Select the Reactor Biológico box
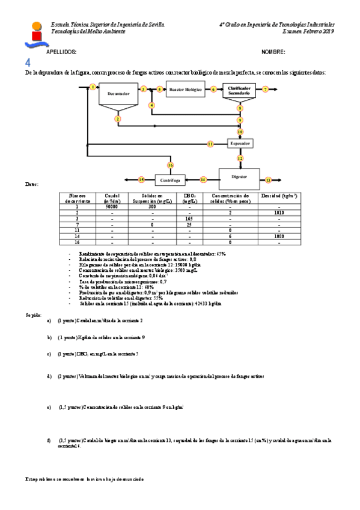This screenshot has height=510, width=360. point(186,89)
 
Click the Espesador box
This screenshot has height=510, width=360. point(240,144)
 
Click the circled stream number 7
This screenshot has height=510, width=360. point(265,89)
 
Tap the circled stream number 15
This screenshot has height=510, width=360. point(141,179)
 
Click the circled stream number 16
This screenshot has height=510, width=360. point(170,165)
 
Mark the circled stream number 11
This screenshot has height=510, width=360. point(210,144)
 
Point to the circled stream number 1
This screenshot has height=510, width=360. point(93,87)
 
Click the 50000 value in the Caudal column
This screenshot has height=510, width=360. point(111,206)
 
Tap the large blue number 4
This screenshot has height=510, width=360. point(28,63)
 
